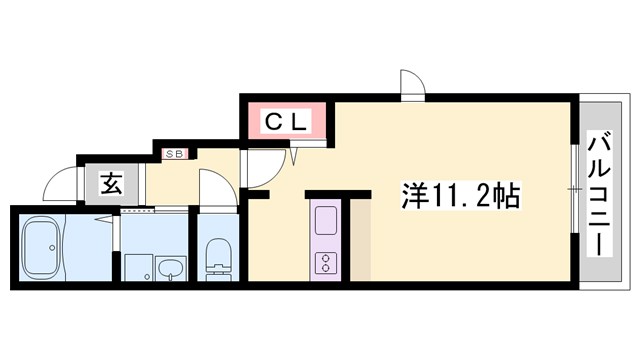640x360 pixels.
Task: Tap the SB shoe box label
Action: (174, 153)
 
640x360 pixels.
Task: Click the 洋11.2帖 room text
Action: (461, 193)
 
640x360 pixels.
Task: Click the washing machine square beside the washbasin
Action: (137, 268)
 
